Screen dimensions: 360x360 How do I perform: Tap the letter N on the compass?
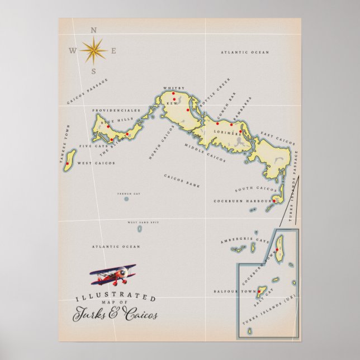pyautogui.click(x=93, y=31)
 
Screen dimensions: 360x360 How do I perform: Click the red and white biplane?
pyautogui.click(x=113, y=274)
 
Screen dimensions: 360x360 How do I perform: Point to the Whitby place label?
pyautogui.click(x=170, y=88)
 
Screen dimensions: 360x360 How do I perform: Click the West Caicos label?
pyautogui.click(x=96, y=163)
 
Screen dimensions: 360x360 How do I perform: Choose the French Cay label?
pyautogui.click(x=126, y=193)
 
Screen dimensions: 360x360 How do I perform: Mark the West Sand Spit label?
pyautogui.click(x=139, y=222)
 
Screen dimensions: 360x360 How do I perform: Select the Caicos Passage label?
pyautogui.click(x=87, y=92)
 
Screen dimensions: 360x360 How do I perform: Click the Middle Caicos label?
pyautogui.click(x=205, y=153)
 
